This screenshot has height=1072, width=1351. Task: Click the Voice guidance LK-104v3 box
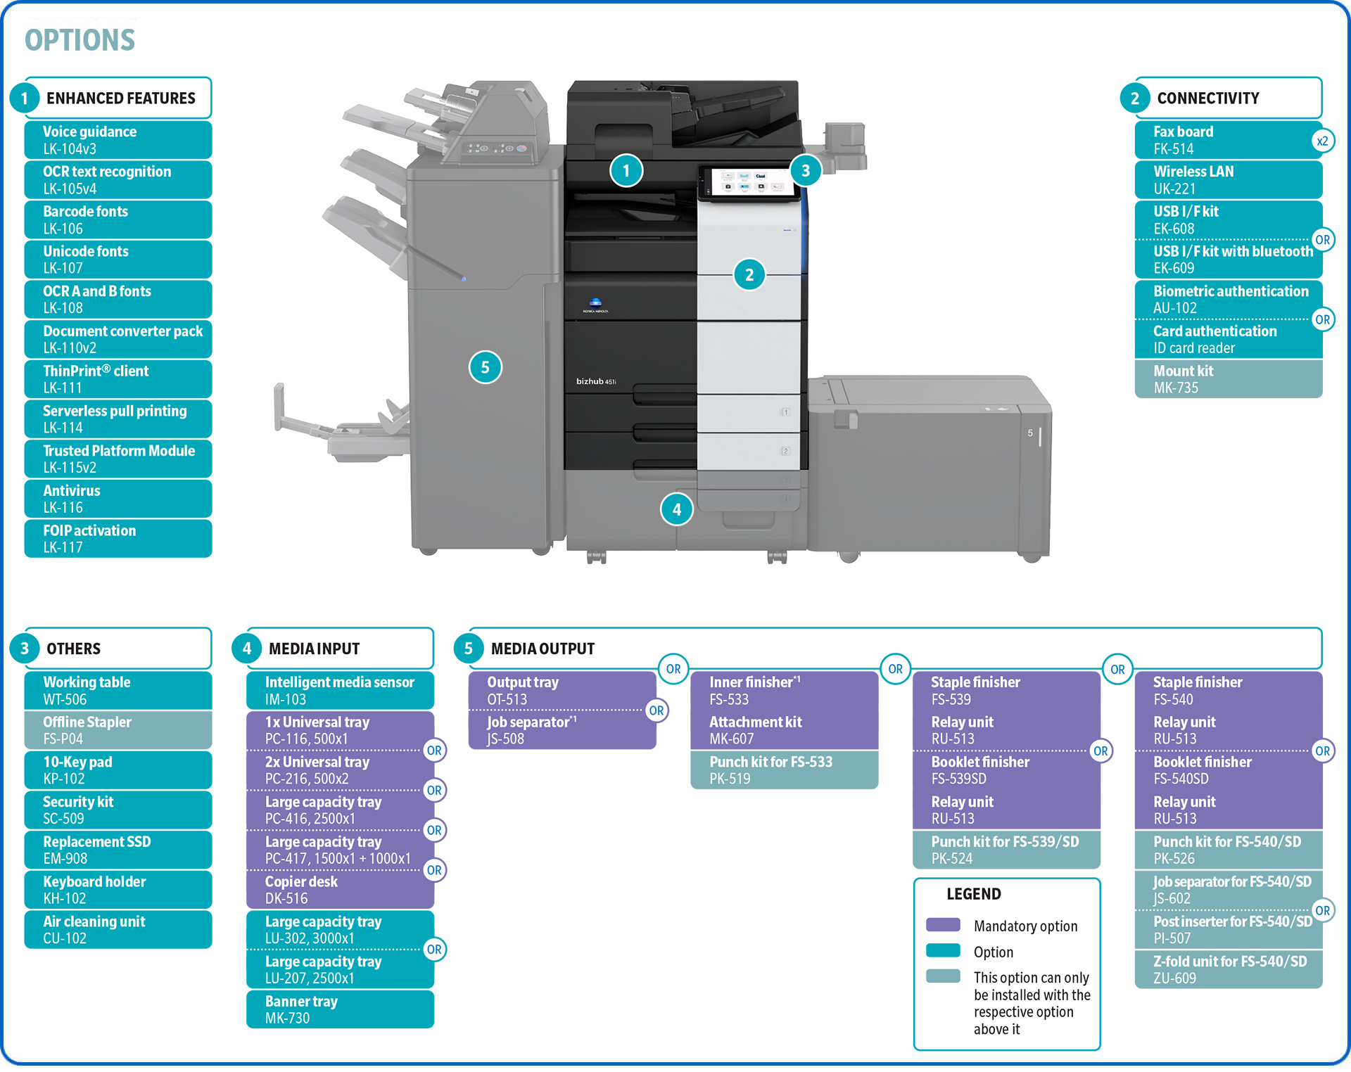pos(118,140)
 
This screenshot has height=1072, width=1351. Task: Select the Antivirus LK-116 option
pos(118,499)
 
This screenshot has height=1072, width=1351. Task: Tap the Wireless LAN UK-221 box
pos(1228,180)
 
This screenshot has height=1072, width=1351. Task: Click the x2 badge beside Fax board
pos(1322,141)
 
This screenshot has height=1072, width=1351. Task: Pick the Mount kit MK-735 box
pos(1228,379)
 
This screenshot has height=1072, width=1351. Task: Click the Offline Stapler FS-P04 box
pos(118,730)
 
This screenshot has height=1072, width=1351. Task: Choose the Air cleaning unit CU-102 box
pos(118,929)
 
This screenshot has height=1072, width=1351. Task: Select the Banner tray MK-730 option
pos(340,1009)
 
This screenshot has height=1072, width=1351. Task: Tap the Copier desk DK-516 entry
pos(340,890)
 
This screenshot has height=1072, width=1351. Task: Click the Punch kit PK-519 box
pos(784,770)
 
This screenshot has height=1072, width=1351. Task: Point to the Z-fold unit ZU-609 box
pos(1228,969)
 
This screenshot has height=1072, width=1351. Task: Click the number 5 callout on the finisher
pos(485,367)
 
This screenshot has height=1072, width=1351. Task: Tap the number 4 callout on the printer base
pos(676,509)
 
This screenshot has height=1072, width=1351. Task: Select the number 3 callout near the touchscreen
pos(805,170)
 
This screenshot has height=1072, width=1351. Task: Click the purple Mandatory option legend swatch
pos(943,925)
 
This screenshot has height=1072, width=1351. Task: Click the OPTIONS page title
pos(80,40)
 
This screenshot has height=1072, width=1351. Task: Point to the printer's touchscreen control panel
pos(747,182)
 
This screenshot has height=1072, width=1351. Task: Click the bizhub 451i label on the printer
pos(595,381)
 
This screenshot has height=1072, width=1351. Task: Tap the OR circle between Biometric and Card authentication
pos(1322,319)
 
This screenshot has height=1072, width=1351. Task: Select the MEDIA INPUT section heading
pos(314,649)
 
